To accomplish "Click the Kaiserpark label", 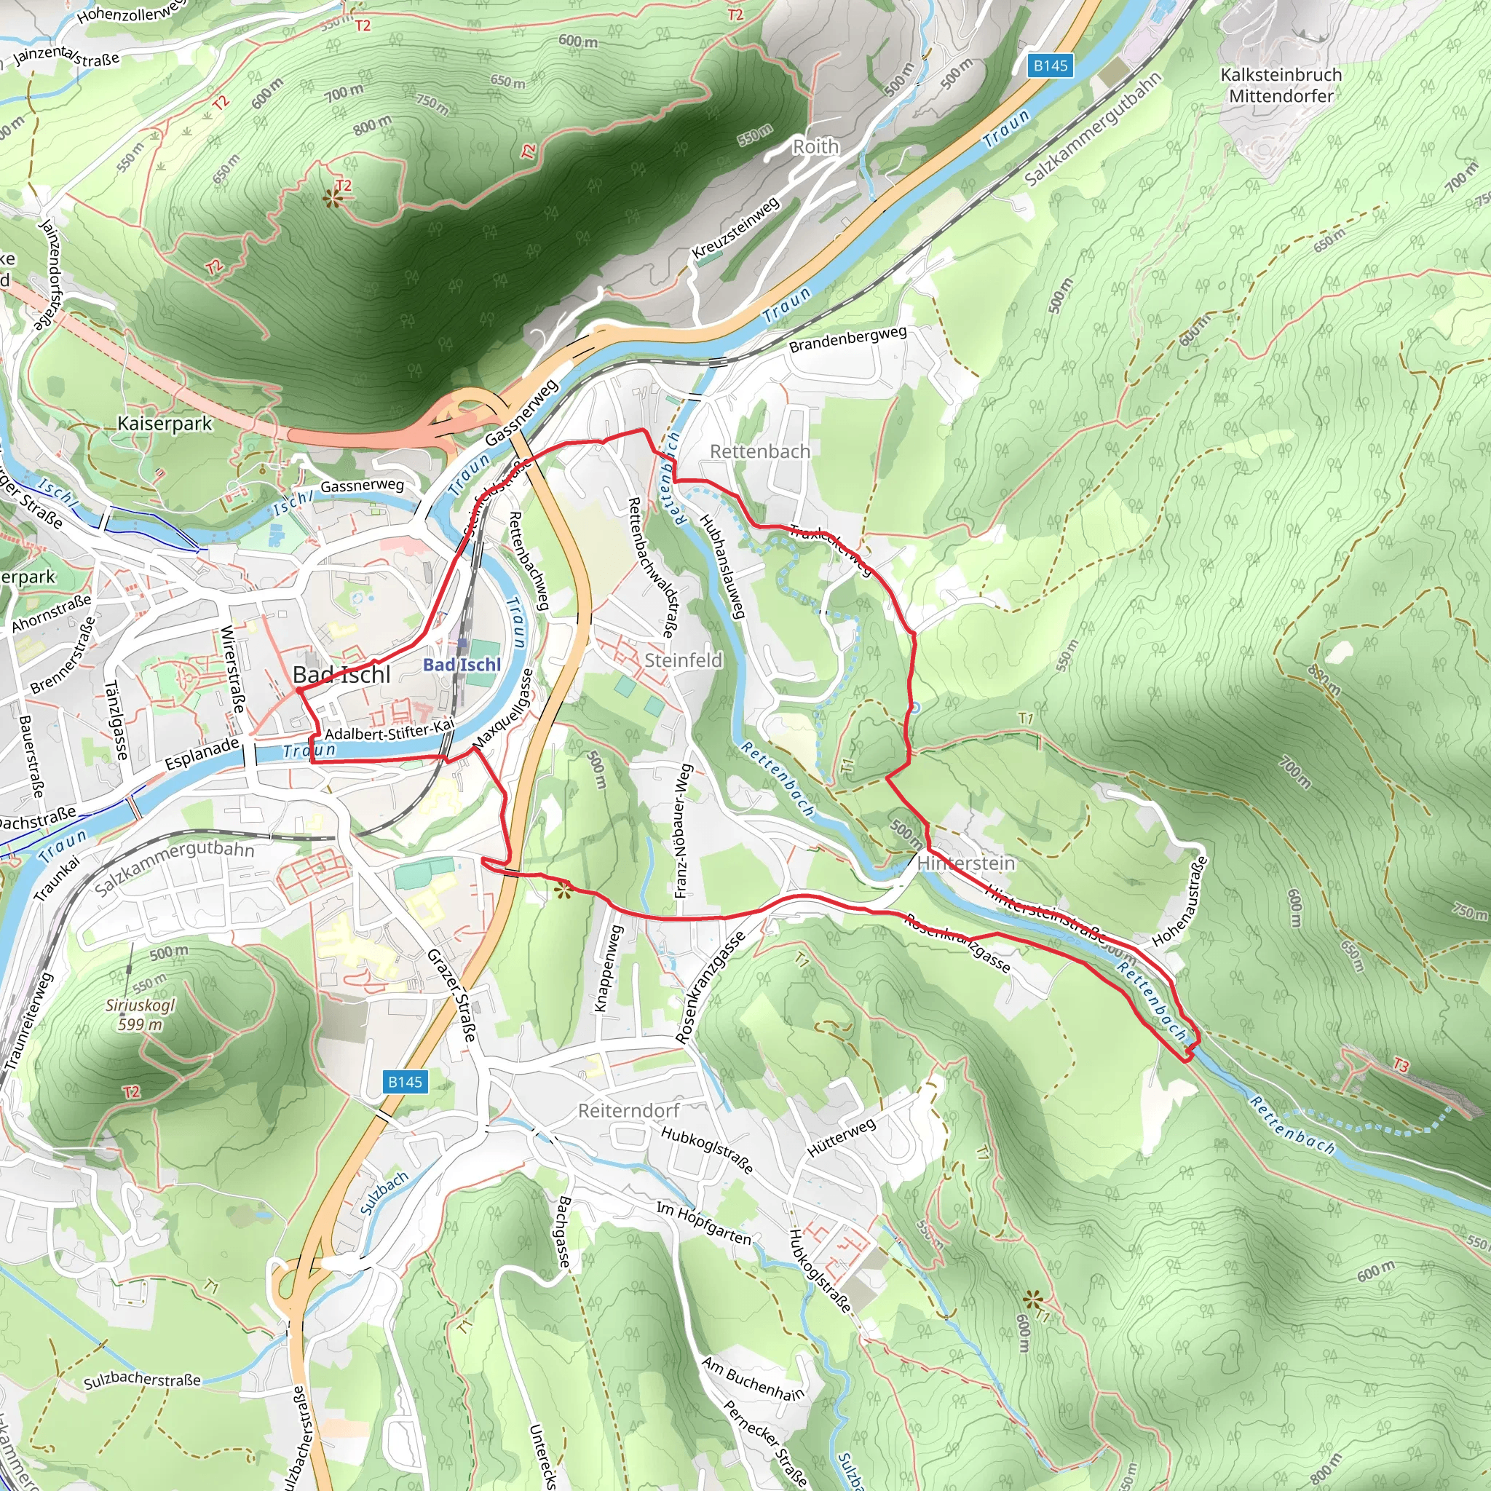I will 165,423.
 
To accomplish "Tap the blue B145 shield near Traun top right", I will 1051,66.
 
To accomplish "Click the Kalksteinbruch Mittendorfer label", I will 1281,86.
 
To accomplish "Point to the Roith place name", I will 815,146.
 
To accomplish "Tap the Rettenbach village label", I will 760,451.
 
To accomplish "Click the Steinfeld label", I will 683,660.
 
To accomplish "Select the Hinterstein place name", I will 966,863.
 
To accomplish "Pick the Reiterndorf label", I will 629,1110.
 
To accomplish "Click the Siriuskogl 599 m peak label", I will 141,1015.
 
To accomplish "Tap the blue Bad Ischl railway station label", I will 462,665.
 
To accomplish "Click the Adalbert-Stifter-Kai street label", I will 389,730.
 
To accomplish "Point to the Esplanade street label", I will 202,754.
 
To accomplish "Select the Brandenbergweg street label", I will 847,339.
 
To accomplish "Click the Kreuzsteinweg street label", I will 735,229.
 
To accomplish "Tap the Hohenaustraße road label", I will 1180,901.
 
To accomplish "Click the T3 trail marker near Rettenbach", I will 1401,1066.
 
